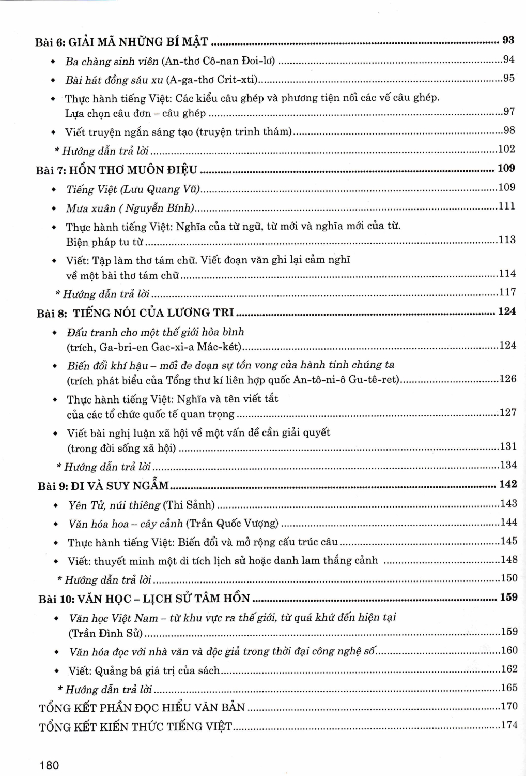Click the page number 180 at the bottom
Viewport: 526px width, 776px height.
(x=49, y=765)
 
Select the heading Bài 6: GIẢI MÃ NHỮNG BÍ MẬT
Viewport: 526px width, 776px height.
(x=121, y=42)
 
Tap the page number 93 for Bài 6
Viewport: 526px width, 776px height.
(x=508, y=40)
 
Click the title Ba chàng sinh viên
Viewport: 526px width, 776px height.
(x=112, y=61)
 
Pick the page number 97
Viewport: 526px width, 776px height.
(x=509, y=112)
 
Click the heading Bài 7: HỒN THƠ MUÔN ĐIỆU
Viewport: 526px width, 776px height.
(x=117, y=170)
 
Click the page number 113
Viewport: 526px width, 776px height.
(x=507, y=240)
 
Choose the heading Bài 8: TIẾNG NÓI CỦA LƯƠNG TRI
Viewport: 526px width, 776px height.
(x=135, y=313)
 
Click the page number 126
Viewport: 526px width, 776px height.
(x=507, y=379)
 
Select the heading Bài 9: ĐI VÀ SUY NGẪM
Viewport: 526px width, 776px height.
(x=103, y=486)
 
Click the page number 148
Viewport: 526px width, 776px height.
(x=508, y=560)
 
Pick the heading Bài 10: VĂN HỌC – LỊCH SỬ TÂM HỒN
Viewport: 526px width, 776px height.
(x=144, y=599)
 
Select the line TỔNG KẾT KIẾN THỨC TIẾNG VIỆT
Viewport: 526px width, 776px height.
(x=135, y=726)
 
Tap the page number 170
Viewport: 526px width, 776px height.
(x=509, y=706)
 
